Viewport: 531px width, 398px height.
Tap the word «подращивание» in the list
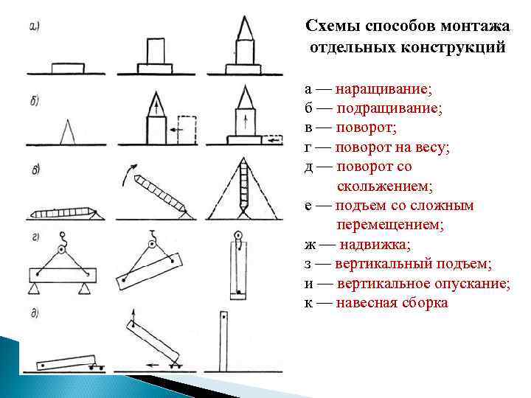tap(389, 108)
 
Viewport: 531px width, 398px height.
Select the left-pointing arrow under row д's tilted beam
tap(156, 363)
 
